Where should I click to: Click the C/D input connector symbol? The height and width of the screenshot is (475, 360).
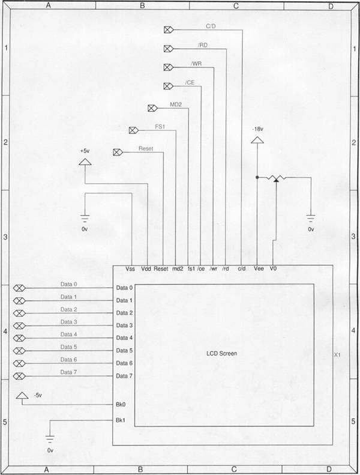pyautogui.click(x=169, y=29)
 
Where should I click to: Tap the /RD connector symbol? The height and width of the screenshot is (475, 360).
pyautogui.click(x=169, y=49)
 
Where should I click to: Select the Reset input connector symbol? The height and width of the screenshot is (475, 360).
pyautogui.click(x=118, y=152)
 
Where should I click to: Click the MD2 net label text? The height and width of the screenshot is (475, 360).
pyautogui.click(x=176, y=104)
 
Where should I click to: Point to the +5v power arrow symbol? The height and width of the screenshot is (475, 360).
pyautogui.click(x=85, y=162)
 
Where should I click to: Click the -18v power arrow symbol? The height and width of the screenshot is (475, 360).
pyautogui.click(x=257, y=140)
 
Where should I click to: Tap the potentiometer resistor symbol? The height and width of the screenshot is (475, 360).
pyautogui.click(x=276, y=178)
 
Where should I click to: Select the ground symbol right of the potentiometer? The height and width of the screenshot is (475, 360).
pyautogui.click(x=311, y=217)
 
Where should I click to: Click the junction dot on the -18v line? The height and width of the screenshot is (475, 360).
pyautogui.click(x=257, y=177)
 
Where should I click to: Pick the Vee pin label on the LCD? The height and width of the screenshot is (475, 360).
pyautogui.click(x=259, y=268)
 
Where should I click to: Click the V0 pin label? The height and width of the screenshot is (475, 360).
pyautogui.click(x=273, y=268)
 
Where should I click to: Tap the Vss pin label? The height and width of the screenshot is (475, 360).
pyautogui.click(x=130, y=268)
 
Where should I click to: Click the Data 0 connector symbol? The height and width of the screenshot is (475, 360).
pyautogui.click(x=19, y=288)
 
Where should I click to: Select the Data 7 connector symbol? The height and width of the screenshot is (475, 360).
pyautogui.click(x=19, y=376)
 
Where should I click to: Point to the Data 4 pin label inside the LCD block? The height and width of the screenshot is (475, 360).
pyautogui.click(x=124, y=337)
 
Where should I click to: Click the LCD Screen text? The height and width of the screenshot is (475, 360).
pyautogui.click(x=221, y=353)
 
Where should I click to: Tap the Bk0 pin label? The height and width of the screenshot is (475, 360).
pyautogui.click(x=121, y=404)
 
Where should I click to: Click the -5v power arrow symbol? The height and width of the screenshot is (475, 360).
pyautogui.click(x=22, y=395)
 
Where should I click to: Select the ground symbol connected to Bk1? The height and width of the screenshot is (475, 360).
pyautogui.click(x=50, y=439)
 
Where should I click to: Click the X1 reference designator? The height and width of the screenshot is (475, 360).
pyautogui.click(x=337, y=355)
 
